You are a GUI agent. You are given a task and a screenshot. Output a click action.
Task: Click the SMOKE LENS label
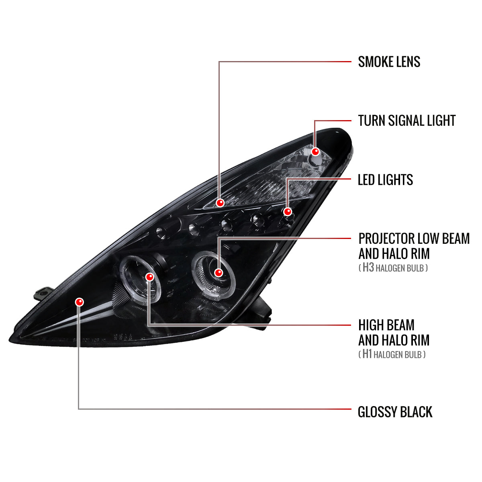pos(389,62)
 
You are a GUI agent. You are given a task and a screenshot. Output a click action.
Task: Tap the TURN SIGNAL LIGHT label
pos(407,120)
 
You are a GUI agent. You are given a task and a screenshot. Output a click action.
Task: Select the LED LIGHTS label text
pos(385,180)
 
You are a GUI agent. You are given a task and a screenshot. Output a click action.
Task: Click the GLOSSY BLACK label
pos(395,412)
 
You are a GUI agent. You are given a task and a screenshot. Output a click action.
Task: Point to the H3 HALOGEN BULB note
pos(393,268)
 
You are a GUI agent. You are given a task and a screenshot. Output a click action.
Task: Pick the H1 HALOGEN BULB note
pos(392,354)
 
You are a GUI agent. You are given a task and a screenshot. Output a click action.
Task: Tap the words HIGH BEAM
pos(386,325)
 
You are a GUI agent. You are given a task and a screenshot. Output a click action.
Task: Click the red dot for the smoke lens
pos(220,202)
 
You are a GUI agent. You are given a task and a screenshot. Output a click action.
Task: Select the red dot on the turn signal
pos(315,151)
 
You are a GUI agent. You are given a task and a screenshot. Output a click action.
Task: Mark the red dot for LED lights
pos(288,212)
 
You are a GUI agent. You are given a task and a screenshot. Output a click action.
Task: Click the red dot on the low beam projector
pos(219,273)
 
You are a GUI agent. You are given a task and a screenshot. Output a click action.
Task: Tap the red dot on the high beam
pos(149,277)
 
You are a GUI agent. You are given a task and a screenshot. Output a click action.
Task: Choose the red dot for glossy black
pos(79,302)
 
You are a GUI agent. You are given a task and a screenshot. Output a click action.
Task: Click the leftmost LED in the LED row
pos(160,233)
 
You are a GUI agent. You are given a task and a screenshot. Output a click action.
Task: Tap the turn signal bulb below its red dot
pos(316,160)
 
